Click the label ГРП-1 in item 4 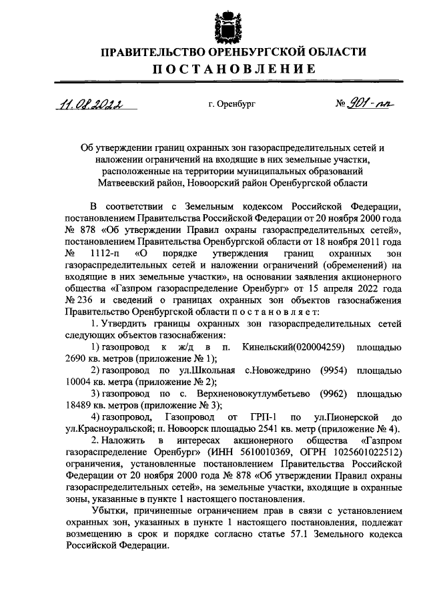click(258, 416)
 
